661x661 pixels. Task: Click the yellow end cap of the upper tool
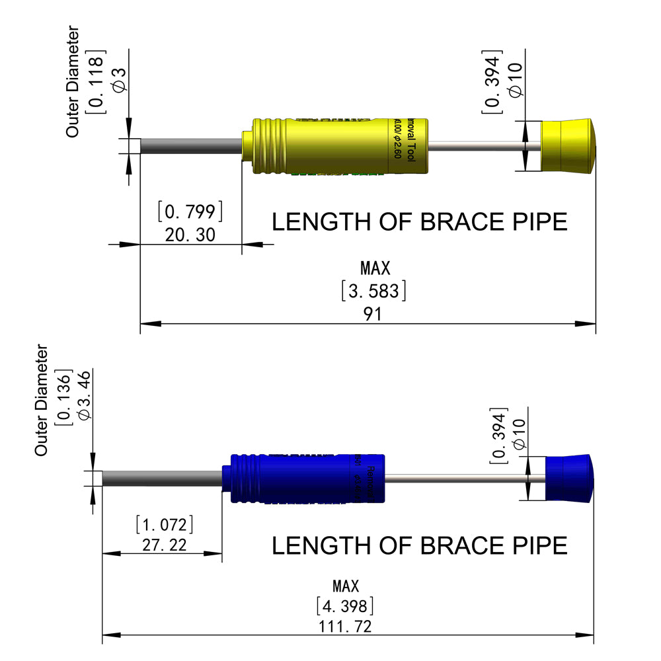point(567,146)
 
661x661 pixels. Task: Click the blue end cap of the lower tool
point(567,479)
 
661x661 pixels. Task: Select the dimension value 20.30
point(190,234)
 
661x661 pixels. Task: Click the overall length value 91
point(373,313)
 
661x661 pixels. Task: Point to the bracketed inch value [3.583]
point(373,291)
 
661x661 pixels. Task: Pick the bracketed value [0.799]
point(190,212)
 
